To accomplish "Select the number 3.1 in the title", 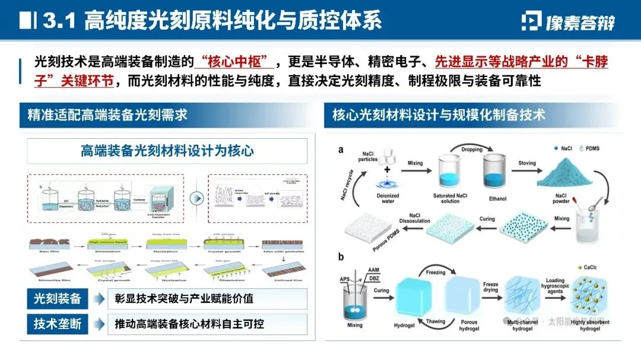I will [x=62, y=21].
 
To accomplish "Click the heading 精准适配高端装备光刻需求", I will [x=107, y=114].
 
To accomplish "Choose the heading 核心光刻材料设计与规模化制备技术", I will [x=439, y=114].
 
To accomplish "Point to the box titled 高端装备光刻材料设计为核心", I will [x=167, y=151].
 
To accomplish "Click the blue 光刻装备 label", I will [x=58, y=298].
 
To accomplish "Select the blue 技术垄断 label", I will [x=58, y=324].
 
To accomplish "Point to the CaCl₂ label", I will [x=592, y=268].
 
